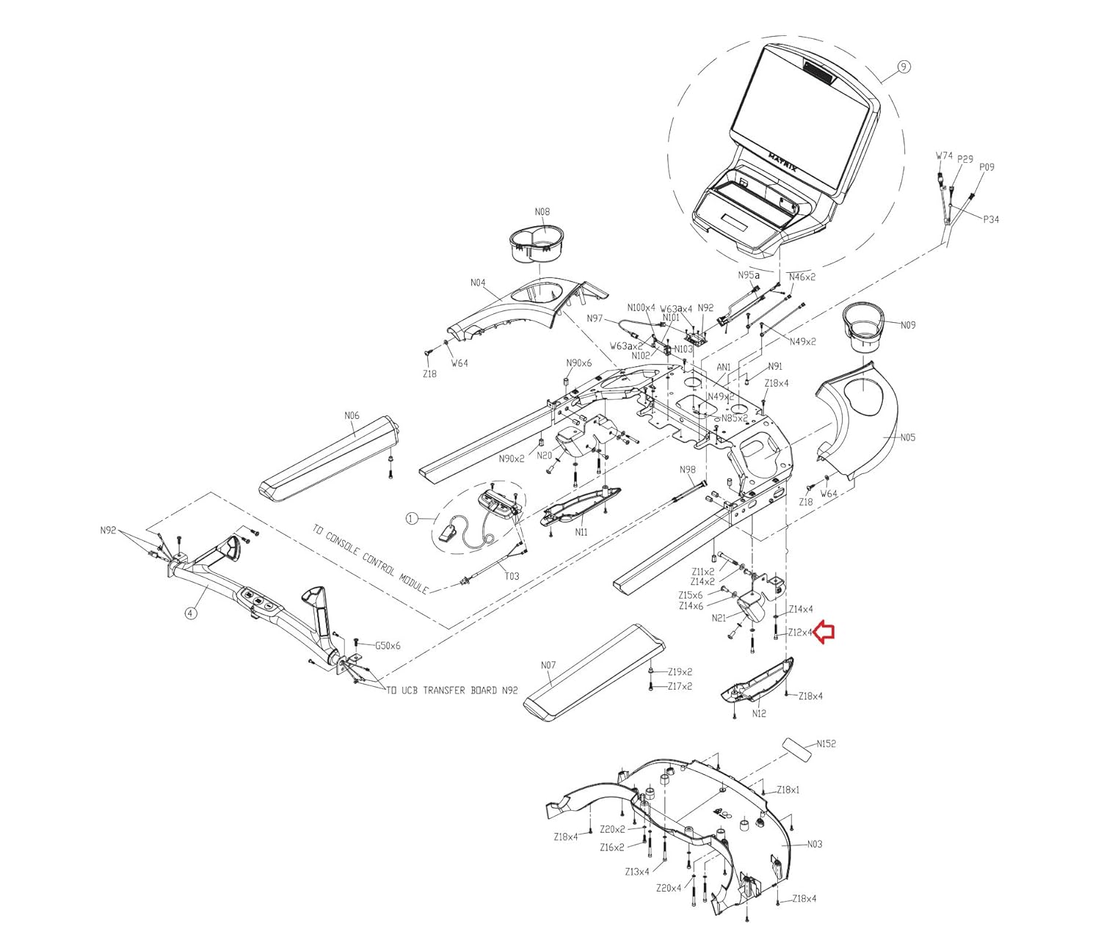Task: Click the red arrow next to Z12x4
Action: pyautogui.click(x=826, y=632)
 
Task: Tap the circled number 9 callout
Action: pyautogui.click(x=904, y=67)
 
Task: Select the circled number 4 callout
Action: pyautogui.click(x=191, y=613)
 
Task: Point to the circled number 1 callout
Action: pyautogui.click(x=411, y=519)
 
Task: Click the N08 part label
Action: pyautogui.click(x=542, y=212)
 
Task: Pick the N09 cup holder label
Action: pyautogui.click(x=908, y=325)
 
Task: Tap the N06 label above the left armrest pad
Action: pyautogui.click(x=352, y=415)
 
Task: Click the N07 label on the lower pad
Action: pyautogui.click(x=548, y=666)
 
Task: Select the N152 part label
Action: pyautogui.click(x=826, y=743)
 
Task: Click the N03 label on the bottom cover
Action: pyautogui.click(x=814, y=845)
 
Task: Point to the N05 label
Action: pyautogui.click(x=908, y=438)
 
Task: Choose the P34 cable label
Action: pyautogui.click(x=990, y=219)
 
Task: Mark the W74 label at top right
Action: pyautogui.click(x=944, y=156)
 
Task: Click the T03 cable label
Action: pyautogui.click(x=512, y=576)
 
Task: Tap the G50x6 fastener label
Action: pyautogui.click(x=388, y=646)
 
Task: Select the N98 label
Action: pyautogui.click(x=687, y=470)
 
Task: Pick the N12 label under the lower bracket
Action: pyautogui.click(x=759, y=713)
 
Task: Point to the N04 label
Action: pyautogui.click(x=478, y=283)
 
